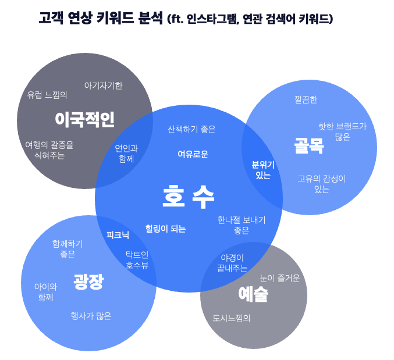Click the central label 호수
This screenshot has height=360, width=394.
point(189,197)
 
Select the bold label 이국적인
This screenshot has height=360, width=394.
point(84,120)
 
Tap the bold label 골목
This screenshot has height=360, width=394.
point(308,145)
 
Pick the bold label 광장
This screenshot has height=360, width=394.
point(88,282)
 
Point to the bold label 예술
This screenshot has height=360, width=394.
point(253,294)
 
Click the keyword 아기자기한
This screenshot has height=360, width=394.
point(103,85)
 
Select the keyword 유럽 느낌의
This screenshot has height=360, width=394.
point(47,95)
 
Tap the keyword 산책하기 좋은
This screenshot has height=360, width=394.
point(191,129)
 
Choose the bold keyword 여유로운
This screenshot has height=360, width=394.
point(193,154)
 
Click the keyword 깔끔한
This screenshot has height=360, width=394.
point(306,100)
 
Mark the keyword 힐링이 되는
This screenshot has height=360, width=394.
point(165,229)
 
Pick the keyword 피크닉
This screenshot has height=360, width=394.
point(118,236)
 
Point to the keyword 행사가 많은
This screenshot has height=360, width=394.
point(91,316)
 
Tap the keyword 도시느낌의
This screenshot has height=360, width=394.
point(231,318)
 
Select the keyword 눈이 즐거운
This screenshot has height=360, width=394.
point(279,278)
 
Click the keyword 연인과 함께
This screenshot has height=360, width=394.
point(126,153)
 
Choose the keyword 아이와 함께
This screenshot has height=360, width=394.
point(45,292)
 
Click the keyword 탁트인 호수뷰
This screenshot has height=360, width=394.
point(137,260)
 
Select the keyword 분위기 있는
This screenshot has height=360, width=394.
point(263,170)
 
